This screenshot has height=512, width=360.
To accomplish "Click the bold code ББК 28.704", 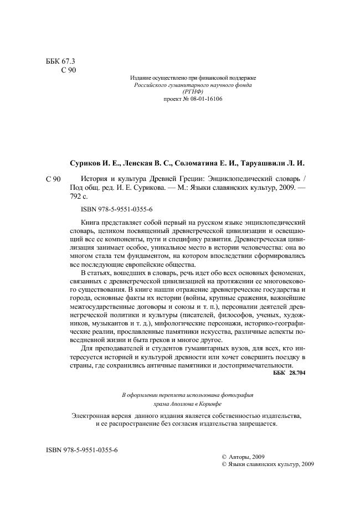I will click(289, 374).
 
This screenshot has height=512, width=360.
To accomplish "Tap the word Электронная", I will click(93, 415).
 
